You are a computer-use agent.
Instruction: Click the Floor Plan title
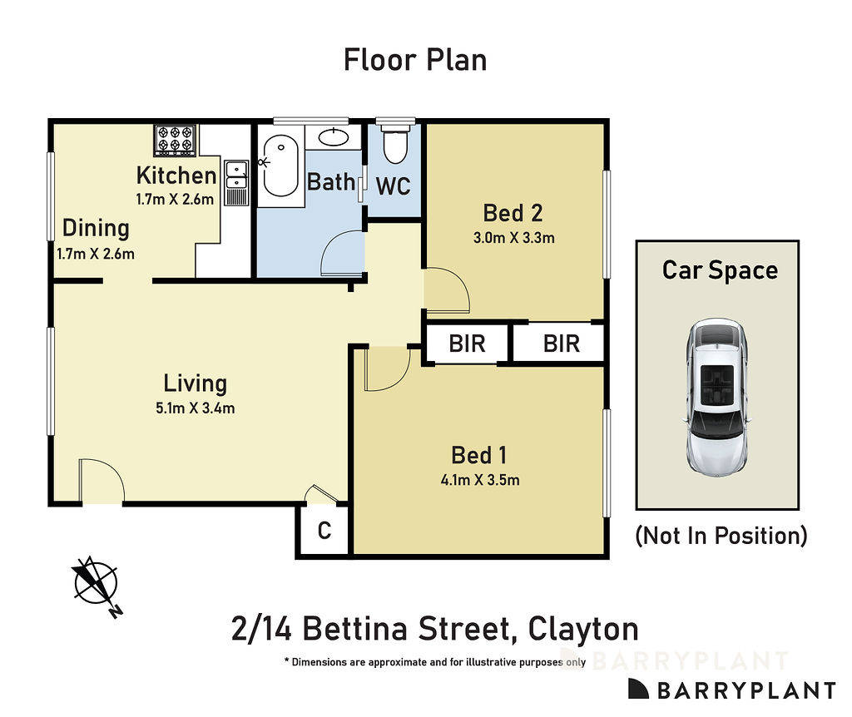(x=415, y=60)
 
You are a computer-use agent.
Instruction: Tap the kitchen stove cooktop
(x=175, y=140)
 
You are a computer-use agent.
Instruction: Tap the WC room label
(x=394, y=186)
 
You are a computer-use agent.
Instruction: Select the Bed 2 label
(x=513, y=213)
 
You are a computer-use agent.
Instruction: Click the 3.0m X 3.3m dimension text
(x=513, y=237)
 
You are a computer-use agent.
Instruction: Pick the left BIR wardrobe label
(x=467, y=343)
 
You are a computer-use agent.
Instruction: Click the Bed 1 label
(x=479, y=455)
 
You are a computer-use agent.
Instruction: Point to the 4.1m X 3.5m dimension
(x=479, y=479)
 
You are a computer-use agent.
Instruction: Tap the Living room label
(x=195, y=383)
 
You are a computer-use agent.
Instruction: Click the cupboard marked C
(x=324, y=530)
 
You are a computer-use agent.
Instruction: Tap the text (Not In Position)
(x=721, y=535)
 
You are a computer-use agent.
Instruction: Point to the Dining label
(x=97, y=228)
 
